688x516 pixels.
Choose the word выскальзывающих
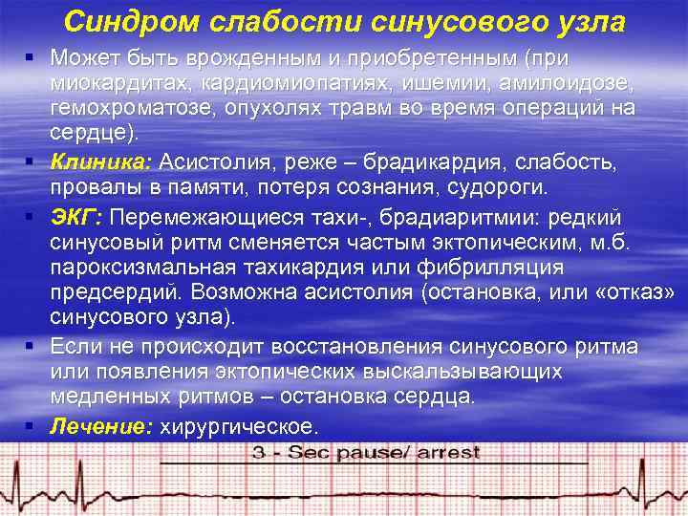pyautogui.click(x=478, y=371)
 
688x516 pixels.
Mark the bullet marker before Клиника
pyautogui.click(x=32, y=159)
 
